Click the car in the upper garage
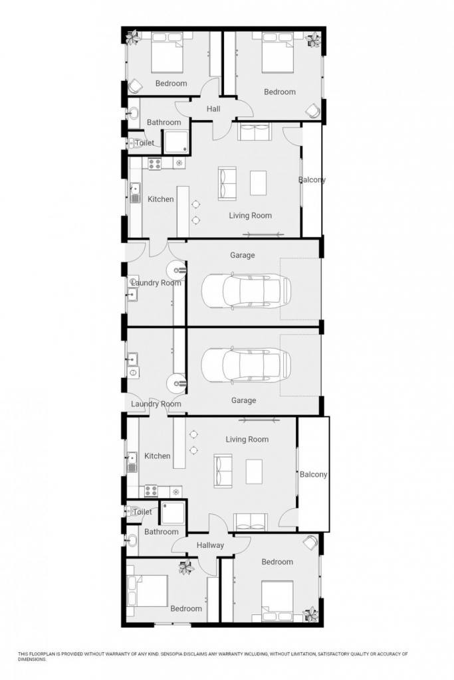pyautogui.click(x=246, y=291)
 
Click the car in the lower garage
pyautogui.click(x=246, y=365)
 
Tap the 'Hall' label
pyautogui.click(x=213, y=109)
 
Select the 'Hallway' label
pyautogui.click(x=210, y=545)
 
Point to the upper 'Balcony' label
pyautogui.click(x=312, y=179)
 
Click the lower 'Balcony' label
pyautogui.click(x=313, y=474)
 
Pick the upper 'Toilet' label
pyautogui.click(x=144, y=143)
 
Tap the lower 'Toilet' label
pyautogui.click(x=142, y=512)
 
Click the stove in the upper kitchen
pyautogui.click(x=154, y=163)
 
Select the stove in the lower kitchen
pyautogui.click(x=151, y=491)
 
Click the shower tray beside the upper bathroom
pyautogui.click(x=176, y=141)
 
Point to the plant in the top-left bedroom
pyautogui.click(x=133, y=37)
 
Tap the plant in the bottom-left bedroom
pyautogui.click(x=186, y=566)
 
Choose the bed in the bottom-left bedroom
pyautogui.click(x=147, y=590)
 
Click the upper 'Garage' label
pyautogui.click(x=242, y=255)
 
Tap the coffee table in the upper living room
pyautogui.click(x=258, y=183)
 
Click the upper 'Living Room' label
pyautogui.click(x=251, y=216)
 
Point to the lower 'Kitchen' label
pyautogui.click(x=157, y=456)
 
